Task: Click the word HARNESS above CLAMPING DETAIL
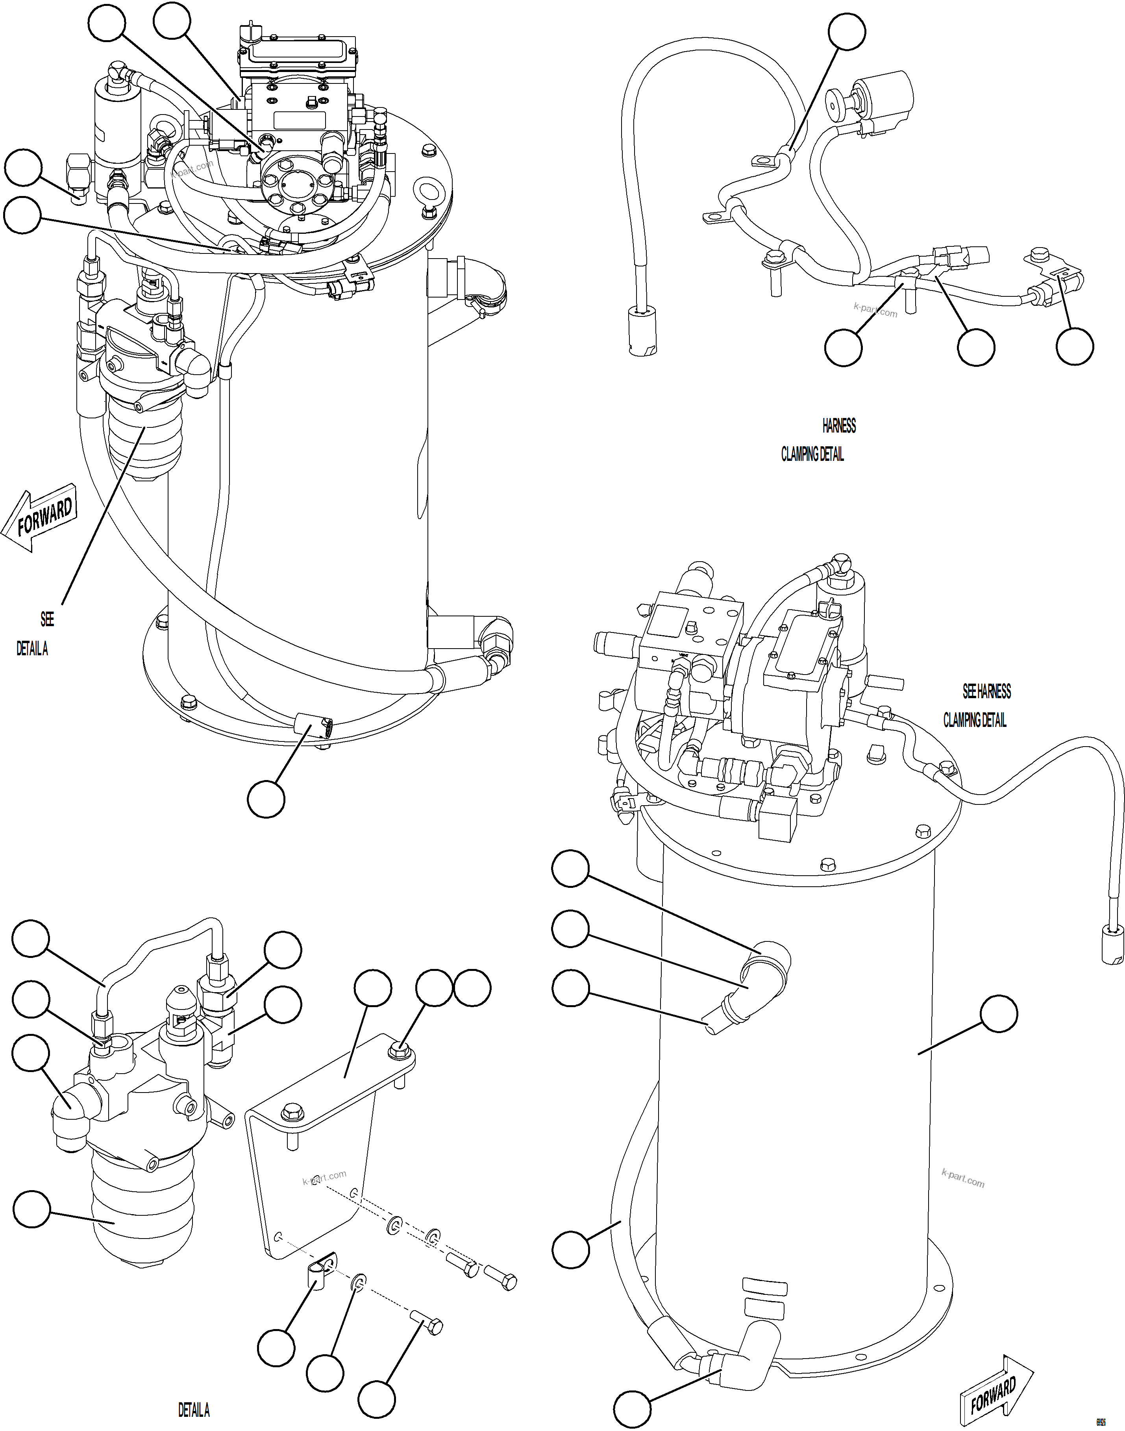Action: pyautogui.click(x=838, y=426)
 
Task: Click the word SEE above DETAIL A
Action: pyautogui.click(x=47, y=619)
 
